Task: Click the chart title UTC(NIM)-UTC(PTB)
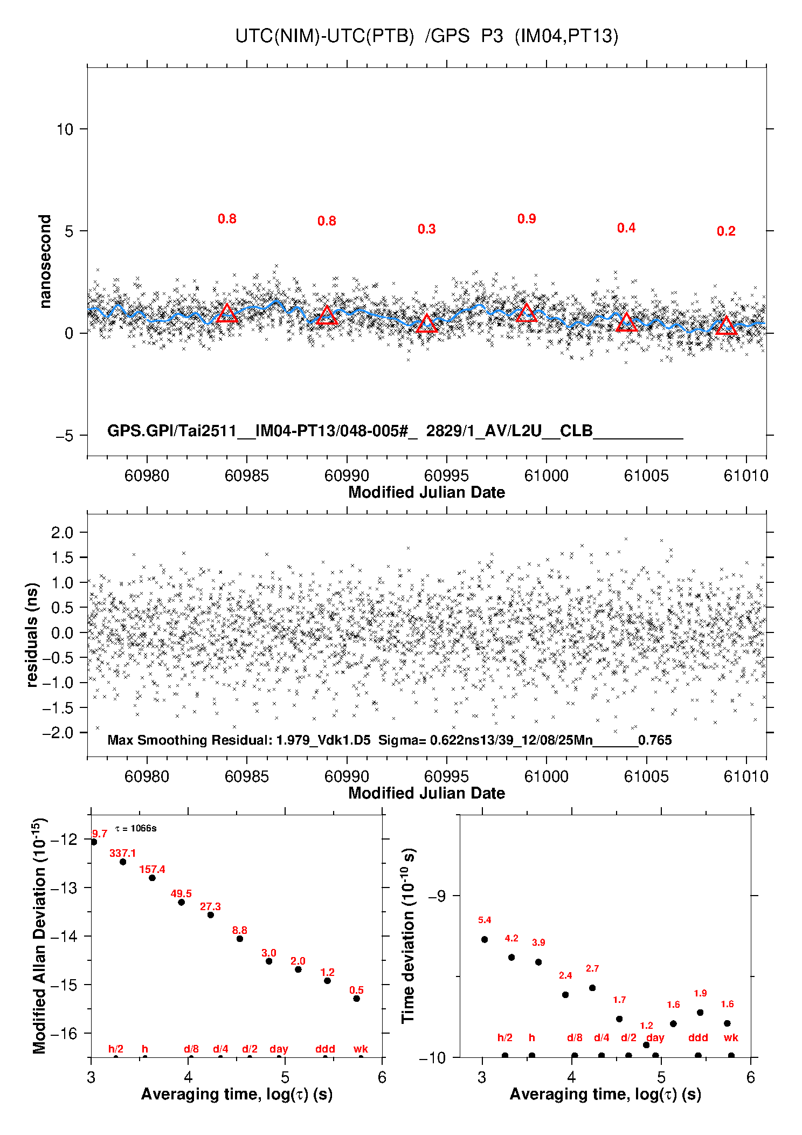coord(324,36)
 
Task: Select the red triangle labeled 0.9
coord(527,313)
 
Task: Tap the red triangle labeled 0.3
coord(427,324)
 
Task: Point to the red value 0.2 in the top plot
coord(726,231)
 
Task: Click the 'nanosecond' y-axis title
coord(45,262)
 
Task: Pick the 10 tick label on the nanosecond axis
coord(65,129)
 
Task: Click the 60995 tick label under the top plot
coord(446,476)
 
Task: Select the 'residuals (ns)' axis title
coord(32,635)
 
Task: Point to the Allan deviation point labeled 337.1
coord(123,862)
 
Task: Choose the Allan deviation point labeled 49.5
coord(182,902)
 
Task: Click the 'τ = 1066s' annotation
coord(136,828)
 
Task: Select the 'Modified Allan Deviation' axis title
coord(40,936)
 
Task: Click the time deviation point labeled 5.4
coord(485,939)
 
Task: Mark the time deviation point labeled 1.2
coord(646,1045)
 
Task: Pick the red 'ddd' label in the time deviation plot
coord(698,1037)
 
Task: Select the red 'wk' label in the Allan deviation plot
coord(361,1049)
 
